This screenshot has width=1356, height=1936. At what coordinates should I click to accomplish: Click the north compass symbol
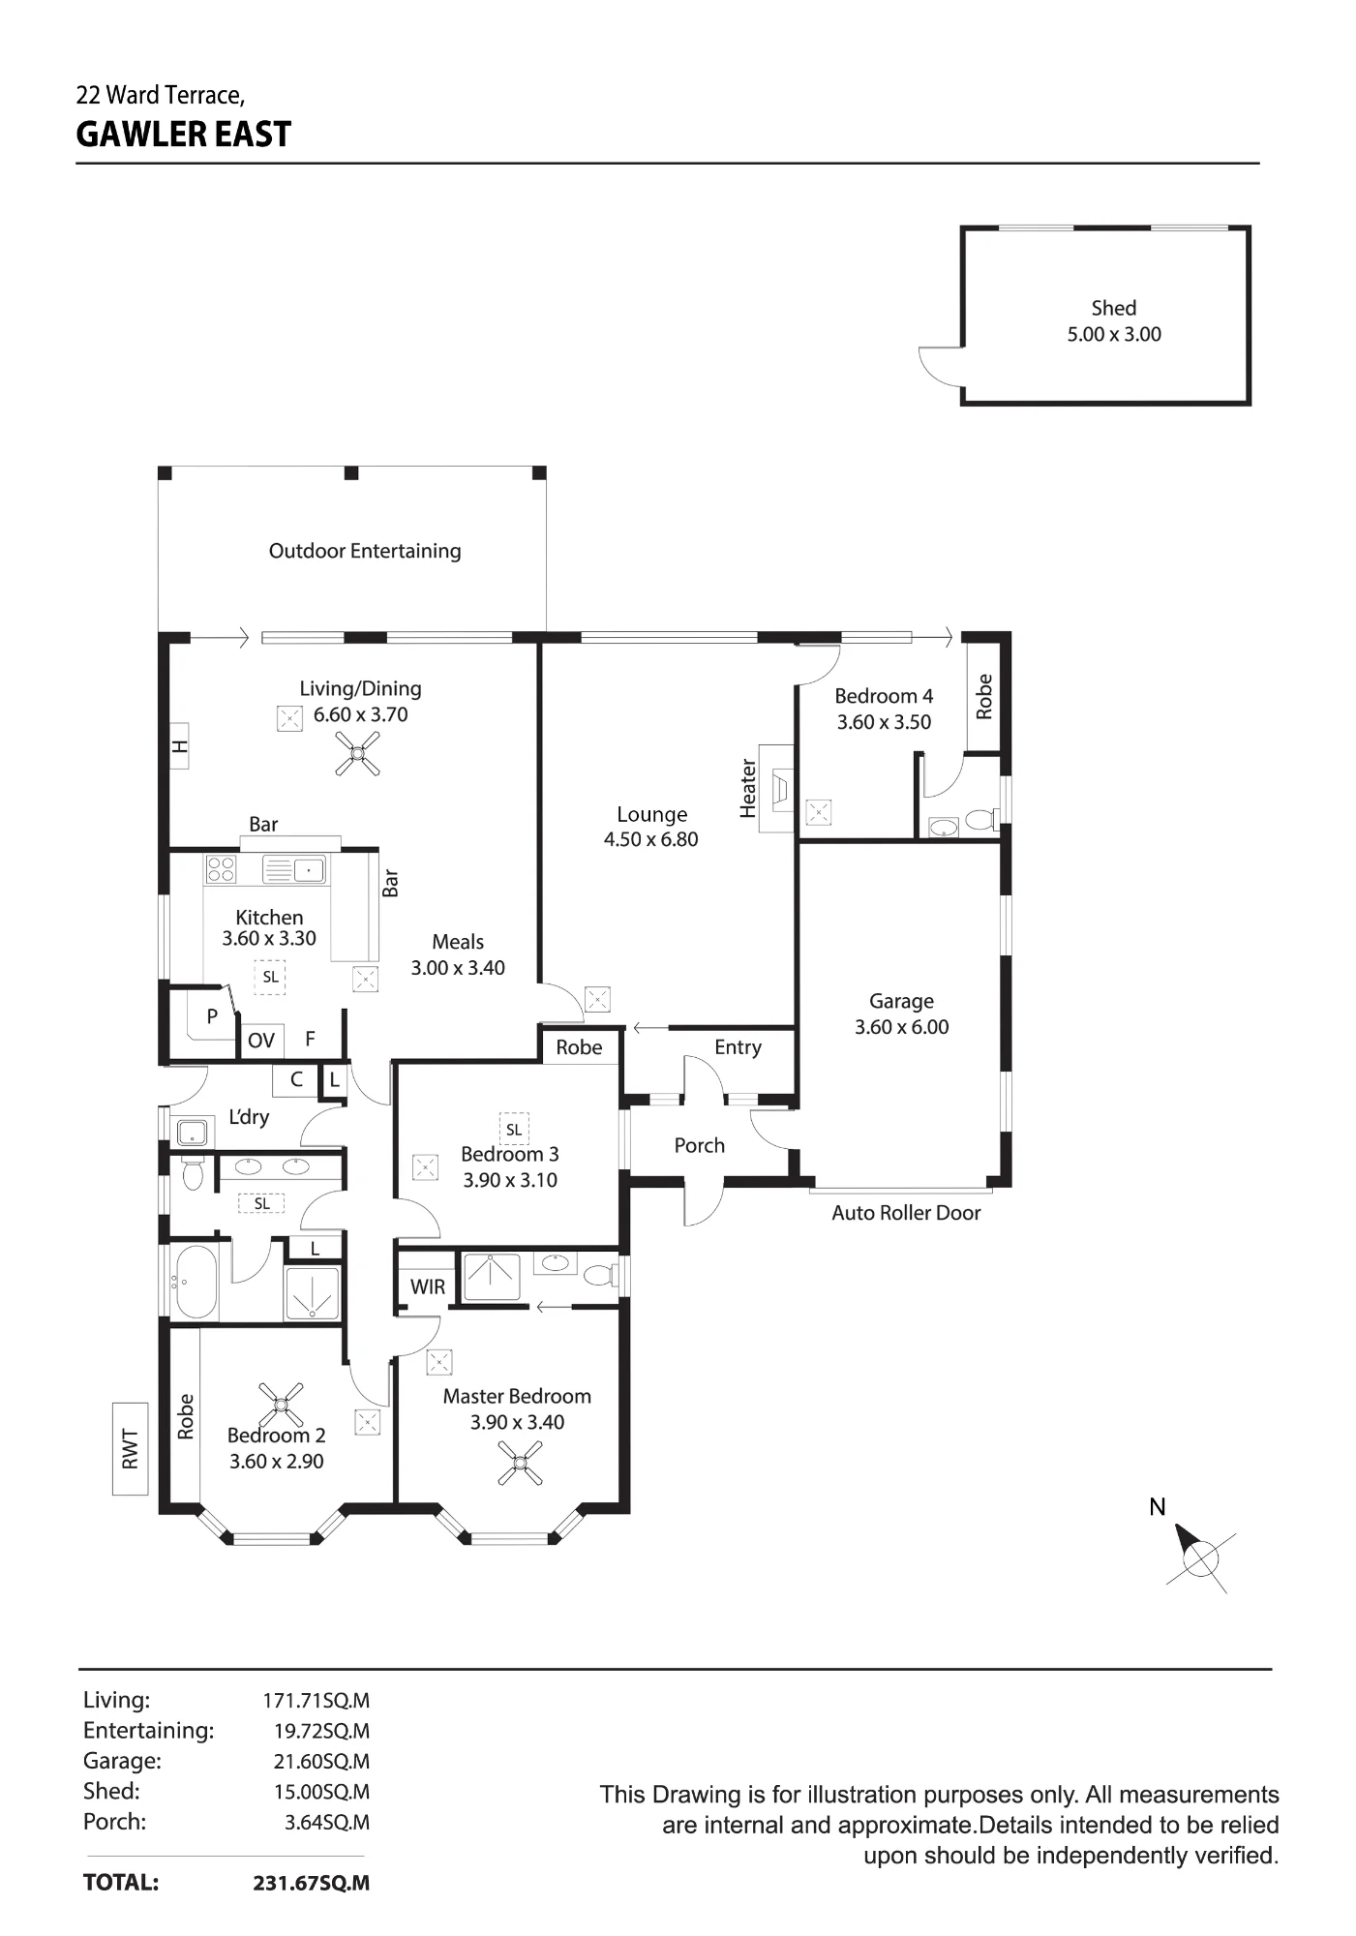(1199, 1558)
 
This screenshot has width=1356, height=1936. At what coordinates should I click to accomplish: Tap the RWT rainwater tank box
(130, 1448)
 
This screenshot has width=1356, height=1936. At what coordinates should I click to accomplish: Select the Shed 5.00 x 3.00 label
(1114, 321)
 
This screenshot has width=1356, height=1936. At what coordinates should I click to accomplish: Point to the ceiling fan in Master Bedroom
(520, 1463)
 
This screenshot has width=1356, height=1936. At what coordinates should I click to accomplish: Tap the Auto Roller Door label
(906, 1213)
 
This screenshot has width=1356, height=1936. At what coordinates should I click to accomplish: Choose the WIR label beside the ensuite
(428, 1286)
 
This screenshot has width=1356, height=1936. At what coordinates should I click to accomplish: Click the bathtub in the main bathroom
(196, 1282)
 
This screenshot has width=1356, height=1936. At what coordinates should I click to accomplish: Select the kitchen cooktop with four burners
(222, 869)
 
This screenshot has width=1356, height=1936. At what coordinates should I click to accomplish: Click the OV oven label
(261, 1041)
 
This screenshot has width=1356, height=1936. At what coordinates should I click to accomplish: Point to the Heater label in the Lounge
(748, 788)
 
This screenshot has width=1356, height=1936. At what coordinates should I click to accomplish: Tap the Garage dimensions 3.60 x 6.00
(901, 1027)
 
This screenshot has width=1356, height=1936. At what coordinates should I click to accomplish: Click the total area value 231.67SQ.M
(312, 1883)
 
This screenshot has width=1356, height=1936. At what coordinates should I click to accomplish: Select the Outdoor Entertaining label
(365, 551)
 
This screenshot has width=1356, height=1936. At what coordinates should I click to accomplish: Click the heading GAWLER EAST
(184, 134)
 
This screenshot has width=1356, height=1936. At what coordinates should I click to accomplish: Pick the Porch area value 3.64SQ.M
(327, 1822)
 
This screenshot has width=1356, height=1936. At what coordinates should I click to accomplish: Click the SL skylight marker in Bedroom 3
(514, 1129)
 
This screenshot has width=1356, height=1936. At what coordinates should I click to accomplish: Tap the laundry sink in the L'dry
(195, 1131)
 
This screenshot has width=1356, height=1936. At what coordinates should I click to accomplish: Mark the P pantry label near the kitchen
(212, 1016)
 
